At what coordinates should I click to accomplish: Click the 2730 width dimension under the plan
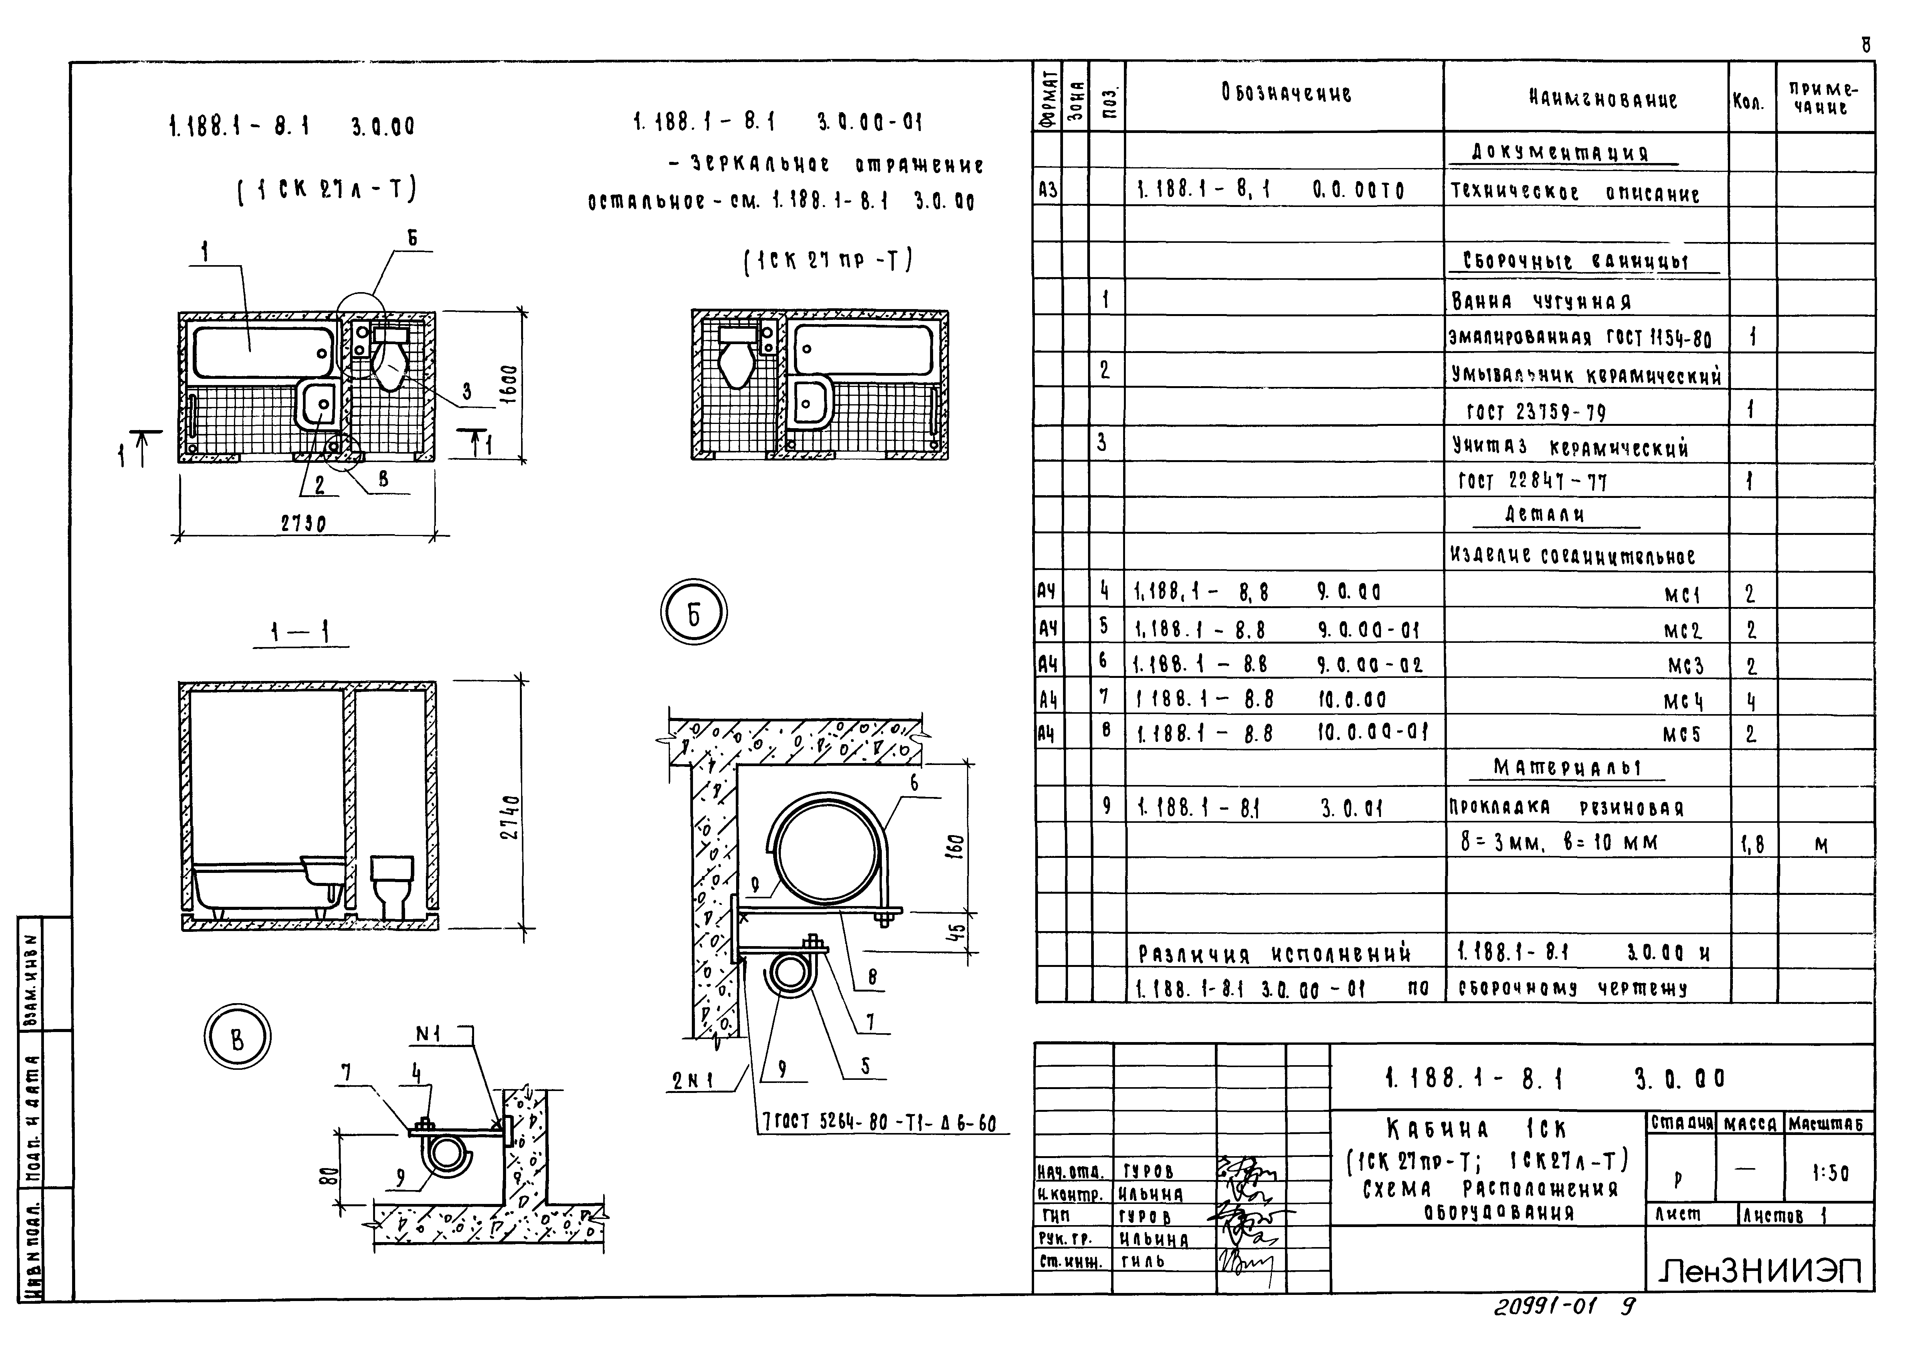(x=303, y=523)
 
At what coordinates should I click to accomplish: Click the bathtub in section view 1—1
(x=267, y=889)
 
